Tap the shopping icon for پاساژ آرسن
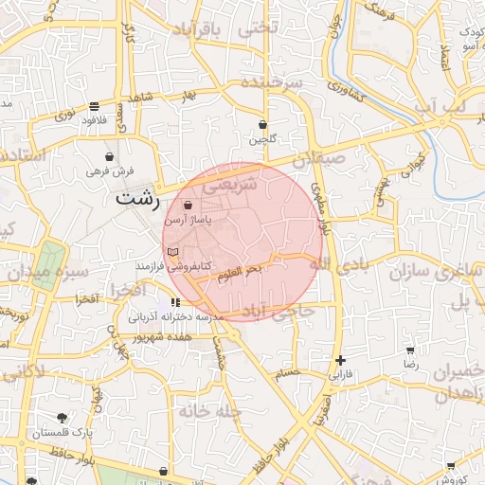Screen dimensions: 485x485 pos(188,205)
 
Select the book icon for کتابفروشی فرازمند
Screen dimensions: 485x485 pos(171,251)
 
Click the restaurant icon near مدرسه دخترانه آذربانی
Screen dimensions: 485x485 pos(174,302)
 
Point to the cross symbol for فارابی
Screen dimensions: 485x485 pos(340,360)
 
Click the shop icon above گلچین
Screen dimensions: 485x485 pos(262,125)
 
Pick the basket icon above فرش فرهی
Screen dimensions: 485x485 pos(111,156)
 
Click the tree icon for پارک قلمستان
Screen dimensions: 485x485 pos(62,418)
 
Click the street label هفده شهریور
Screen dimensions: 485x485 pos(163,336)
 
